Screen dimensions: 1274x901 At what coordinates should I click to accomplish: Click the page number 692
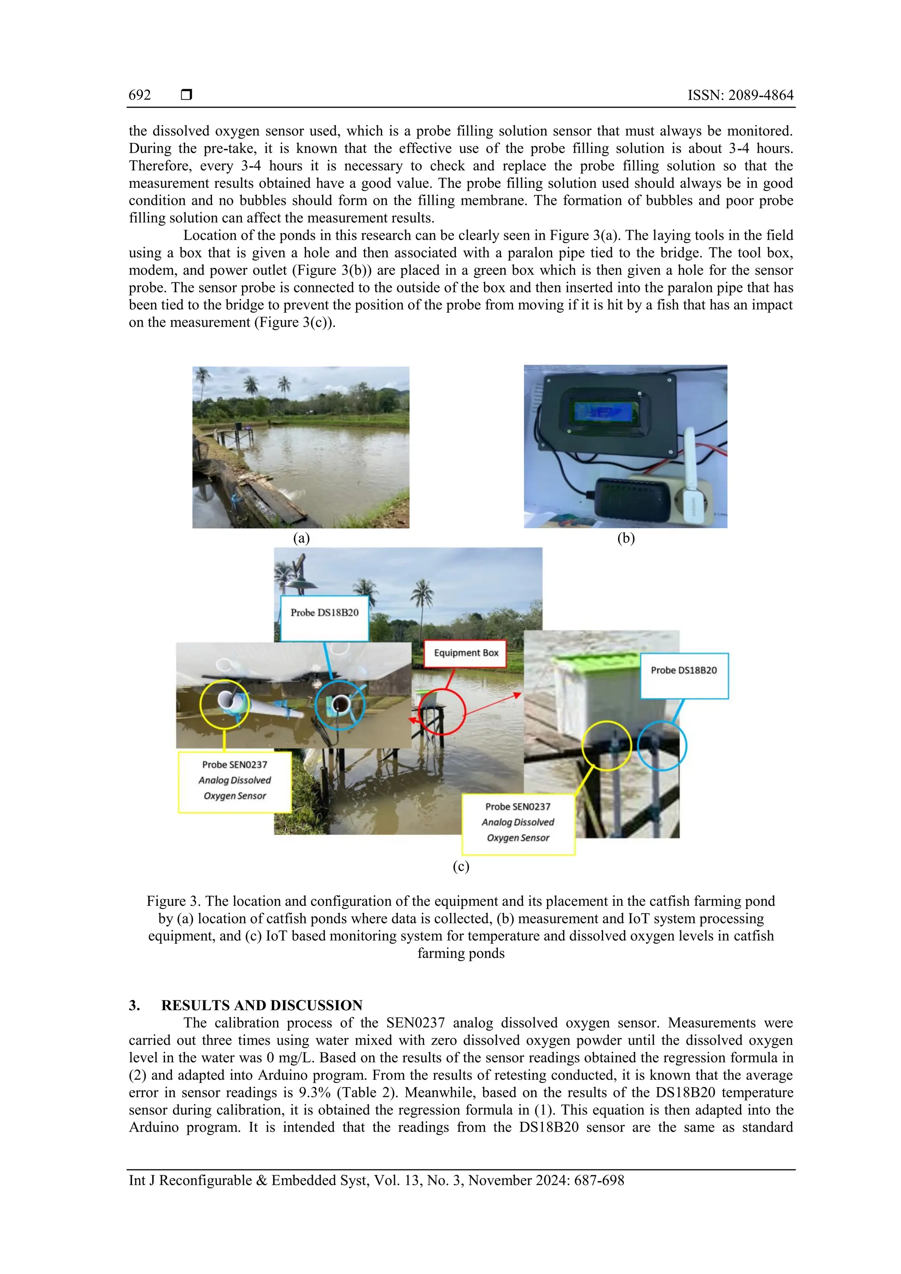click(139, 95)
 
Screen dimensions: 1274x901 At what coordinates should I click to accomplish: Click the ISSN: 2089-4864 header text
click(740, 95)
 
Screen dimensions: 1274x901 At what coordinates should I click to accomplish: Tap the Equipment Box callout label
click(466, 653)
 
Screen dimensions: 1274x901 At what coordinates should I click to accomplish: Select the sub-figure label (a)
click(301, 538)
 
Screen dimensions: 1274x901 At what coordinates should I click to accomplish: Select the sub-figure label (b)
click(626, 538)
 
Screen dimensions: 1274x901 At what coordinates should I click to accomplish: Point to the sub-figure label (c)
click(461, 866)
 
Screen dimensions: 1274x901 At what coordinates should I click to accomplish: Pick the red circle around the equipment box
click(442, 712)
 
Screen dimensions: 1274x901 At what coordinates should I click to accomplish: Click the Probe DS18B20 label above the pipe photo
click(324, 613)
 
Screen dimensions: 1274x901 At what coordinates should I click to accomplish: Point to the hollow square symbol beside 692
click(187, 95)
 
